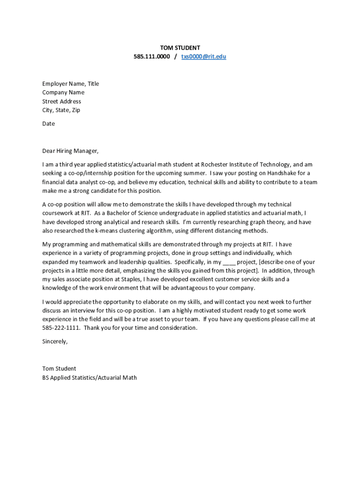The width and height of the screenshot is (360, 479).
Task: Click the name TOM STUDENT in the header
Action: point(180,48)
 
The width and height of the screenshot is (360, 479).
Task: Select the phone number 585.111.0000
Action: point(151,57)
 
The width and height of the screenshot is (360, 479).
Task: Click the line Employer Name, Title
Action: point(71,84)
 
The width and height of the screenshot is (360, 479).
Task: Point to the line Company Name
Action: point(63,93)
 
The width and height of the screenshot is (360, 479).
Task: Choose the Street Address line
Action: point(62,102)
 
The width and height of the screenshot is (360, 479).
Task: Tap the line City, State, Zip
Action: point(61,110)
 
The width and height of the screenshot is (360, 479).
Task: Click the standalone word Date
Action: point(49,123)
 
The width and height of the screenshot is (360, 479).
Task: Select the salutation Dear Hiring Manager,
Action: point(71,151)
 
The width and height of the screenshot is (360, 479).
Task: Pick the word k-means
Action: point(108,231)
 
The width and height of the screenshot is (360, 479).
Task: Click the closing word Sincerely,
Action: point(55,341)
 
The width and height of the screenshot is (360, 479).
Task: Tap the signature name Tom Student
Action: point(59,369)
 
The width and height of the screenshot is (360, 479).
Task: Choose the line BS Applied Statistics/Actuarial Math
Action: point(89,377)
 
